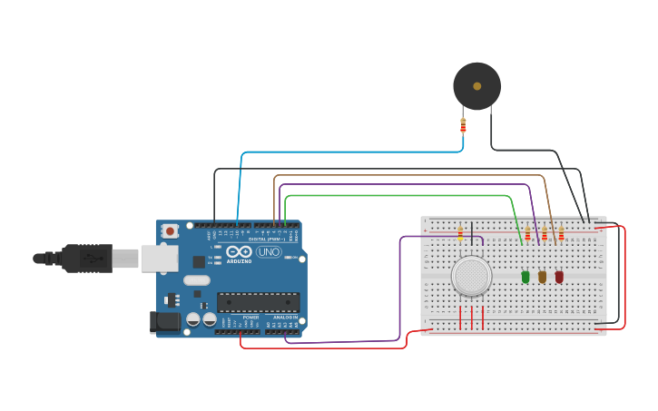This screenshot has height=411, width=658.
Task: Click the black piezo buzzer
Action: click(x=476, y=86)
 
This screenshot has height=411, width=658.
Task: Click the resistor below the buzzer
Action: click(x=463, y=126)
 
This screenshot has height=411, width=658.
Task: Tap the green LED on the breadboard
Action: click(x=525, y=277)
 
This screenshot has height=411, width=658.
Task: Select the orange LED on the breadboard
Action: click(x=542, y=277)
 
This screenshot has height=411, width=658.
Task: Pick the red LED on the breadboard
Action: click(x=559, y=277)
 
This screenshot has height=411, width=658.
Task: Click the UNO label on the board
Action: click(x=269, y=252)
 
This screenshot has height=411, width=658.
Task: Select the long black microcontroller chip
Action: click(x=258, y=302)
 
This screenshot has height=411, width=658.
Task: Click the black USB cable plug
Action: click(x=86, y=259)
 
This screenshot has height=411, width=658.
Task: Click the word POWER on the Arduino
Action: click(x=250, y=317)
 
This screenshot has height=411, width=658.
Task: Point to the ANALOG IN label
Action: click(x=286, y=317)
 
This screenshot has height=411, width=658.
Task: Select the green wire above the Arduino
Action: click(x=399, y=195)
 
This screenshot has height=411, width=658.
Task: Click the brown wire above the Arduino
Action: click(x=408, y=175)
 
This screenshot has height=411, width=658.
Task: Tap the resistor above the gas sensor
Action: click(x=460, y=234)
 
